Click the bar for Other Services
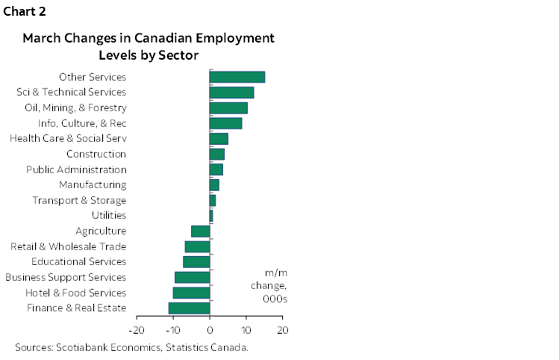coord(237,77)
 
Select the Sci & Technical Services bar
coord(231,93)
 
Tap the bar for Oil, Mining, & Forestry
coord(228,108)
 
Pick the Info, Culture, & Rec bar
coord(225,123)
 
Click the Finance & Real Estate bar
coord(190,308)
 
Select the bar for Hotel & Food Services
coord(192,293)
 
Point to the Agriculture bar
coord(201,231)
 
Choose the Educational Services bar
coord(196,261)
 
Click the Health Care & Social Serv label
coord(68,138)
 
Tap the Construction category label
coord(96,154)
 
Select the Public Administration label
coord(76,170)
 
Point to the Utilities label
coord(109,215)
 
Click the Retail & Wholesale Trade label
coord(69,246)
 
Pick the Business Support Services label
coord(66,277)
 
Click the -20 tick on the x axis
coord(137,329)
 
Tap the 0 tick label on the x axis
coord(210,329)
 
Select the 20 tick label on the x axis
coord(282,329)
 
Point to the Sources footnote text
coord(131,347)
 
